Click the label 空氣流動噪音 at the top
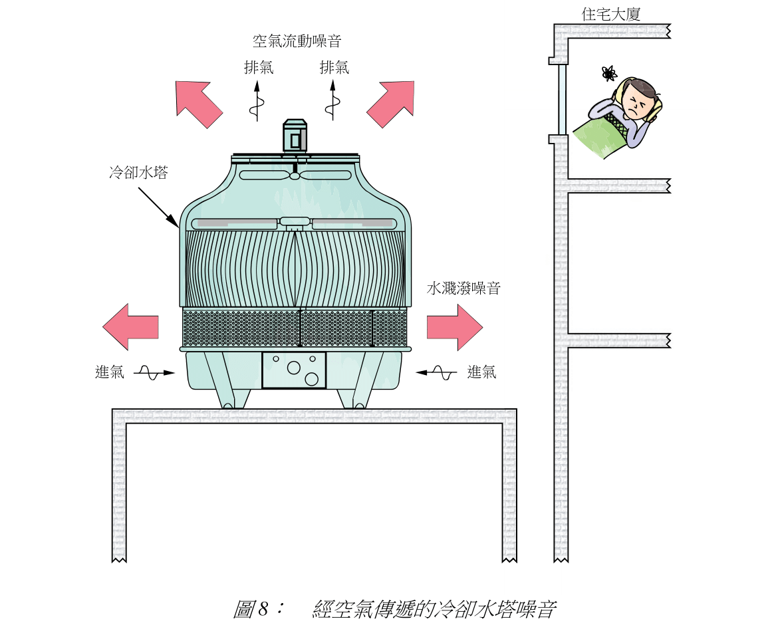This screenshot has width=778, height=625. click(x=297, y=41)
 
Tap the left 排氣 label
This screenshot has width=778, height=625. click(x=258, y=67)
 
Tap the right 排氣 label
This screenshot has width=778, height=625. click(x=334, y=67)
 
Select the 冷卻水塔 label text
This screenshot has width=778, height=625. click(x=138, y=174)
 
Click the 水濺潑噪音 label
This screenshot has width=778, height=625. click(x=463, y=289)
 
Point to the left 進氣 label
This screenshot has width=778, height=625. click(x=110, y=372)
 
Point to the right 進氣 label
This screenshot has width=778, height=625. click(x=481, y=372)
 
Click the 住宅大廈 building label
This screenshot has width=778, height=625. click(x=610, y=14)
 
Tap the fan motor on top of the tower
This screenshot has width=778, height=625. click(x=295, y=136)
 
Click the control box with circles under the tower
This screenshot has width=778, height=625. click(x=294, y=370)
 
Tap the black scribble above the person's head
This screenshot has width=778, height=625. click(x=607, y=72)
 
